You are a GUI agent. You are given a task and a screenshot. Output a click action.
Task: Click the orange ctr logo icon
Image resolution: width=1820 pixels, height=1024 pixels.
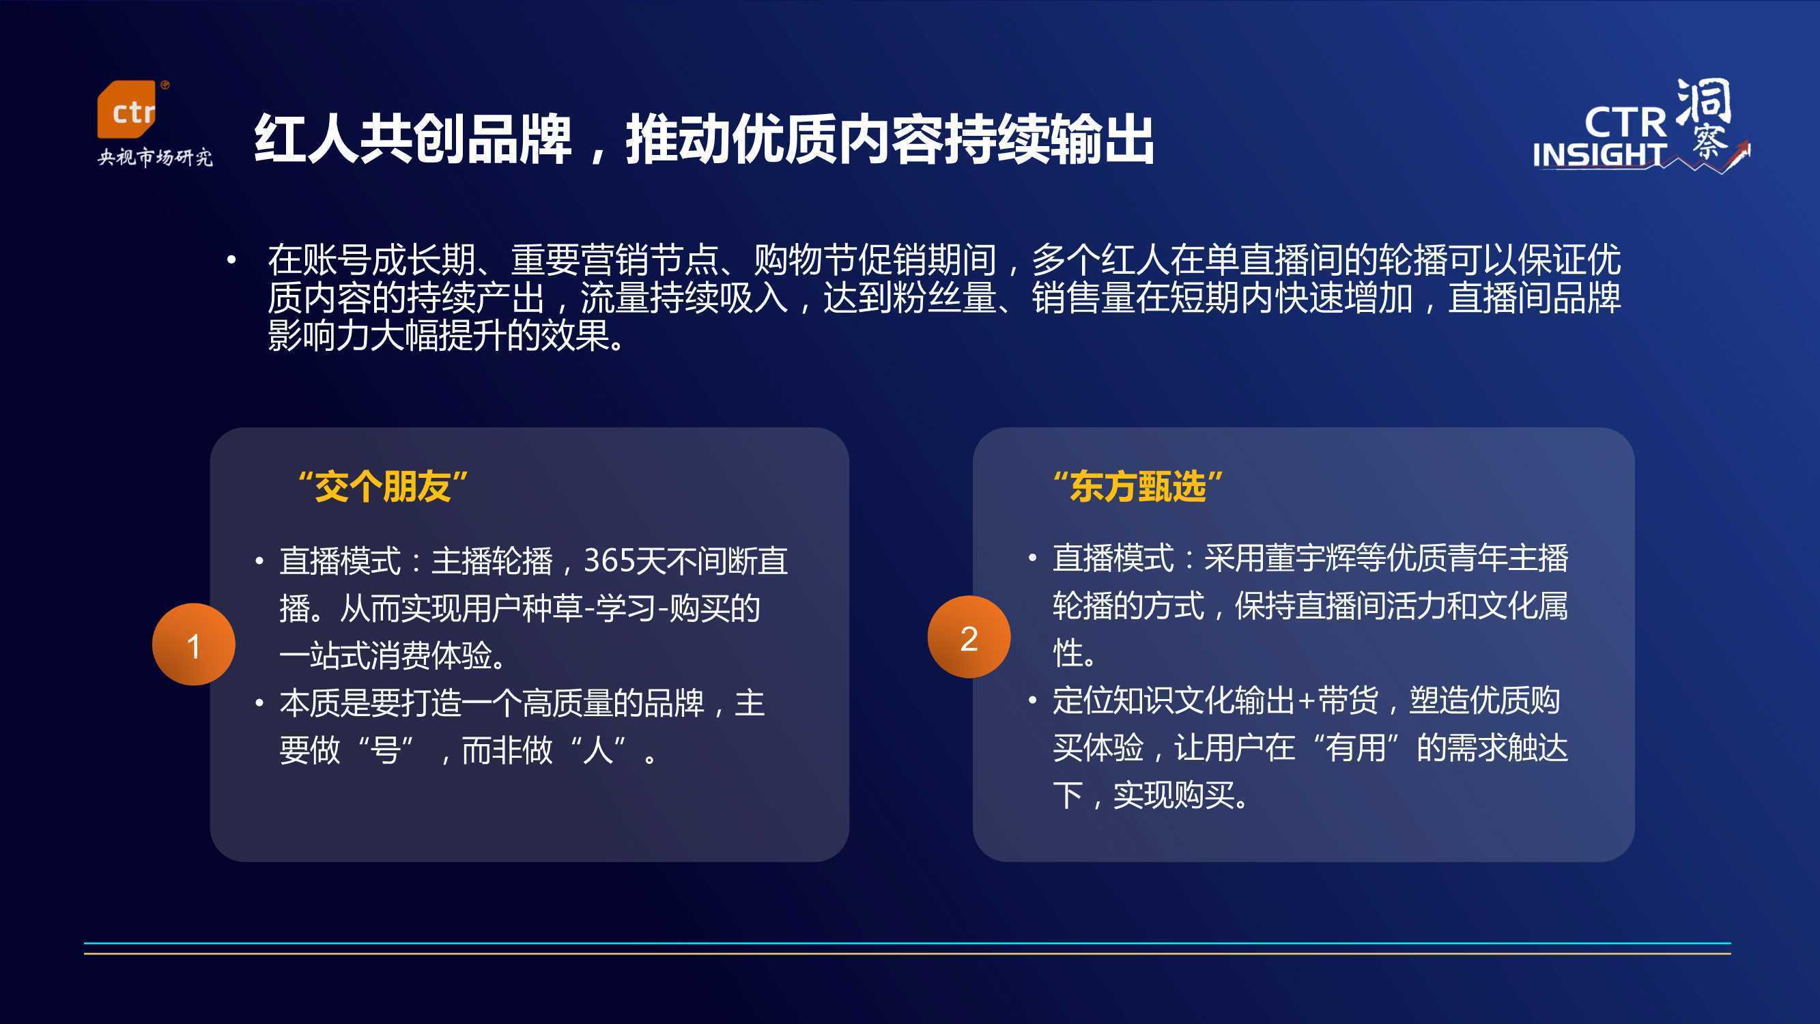[x=126, y=109]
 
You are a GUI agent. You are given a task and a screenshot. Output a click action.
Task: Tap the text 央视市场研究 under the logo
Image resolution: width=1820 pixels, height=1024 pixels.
[x=156, y=157]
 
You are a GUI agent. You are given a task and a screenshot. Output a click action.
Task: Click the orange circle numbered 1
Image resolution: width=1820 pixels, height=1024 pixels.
[x=194, y=644]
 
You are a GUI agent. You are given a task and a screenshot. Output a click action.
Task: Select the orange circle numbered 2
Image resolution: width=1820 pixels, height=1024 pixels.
[x=969, y=637]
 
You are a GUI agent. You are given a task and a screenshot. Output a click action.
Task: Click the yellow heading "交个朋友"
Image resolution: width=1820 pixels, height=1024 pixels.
[x=383, y=487]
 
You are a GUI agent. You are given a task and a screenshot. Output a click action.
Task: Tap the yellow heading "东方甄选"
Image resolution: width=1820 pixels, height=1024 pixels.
[x=1137, y=487]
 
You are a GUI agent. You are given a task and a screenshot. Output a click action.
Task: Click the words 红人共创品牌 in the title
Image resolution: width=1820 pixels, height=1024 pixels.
[x=412, y=139]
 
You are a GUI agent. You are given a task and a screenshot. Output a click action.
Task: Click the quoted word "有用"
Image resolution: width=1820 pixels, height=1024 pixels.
[x=1356, y=748]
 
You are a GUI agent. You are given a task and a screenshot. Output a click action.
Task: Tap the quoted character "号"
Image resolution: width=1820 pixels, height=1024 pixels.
[x=385, y=750]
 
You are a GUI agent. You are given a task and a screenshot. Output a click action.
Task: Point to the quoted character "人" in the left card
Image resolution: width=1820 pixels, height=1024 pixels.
[x=598, y=750]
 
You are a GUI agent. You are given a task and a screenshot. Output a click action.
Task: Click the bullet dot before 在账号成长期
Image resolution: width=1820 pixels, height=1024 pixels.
[x=231, y=261]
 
